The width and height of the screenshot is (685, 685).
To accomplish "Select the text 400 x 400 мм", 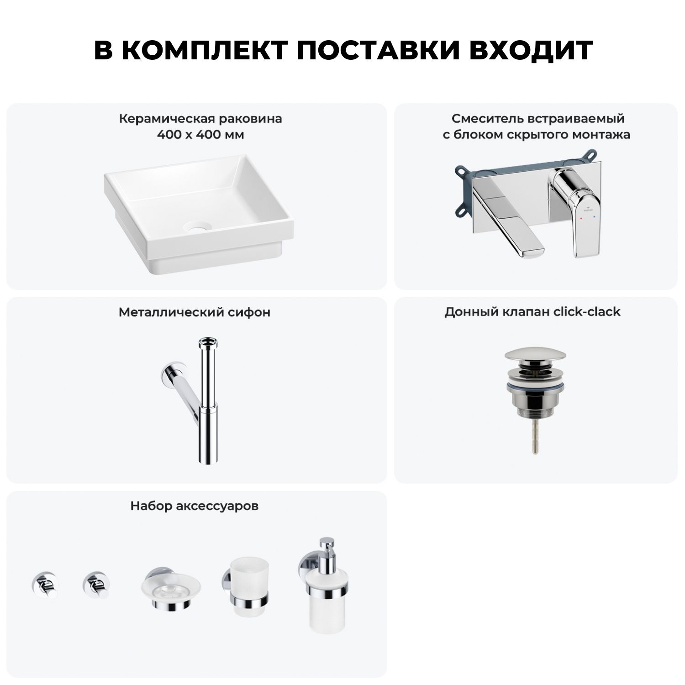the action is pos(200,135).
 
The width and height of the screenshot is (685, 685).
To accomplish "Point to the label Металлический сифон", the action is pos(195,312).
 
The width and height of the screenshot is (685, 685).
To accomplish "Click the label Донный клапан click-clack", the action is pos(532,312).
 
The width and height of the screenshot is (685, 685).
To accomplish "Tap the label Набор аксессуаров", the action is pos(195,506).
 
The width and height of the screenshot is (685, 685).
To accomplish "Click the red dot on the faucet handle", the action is pos(581,219).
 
